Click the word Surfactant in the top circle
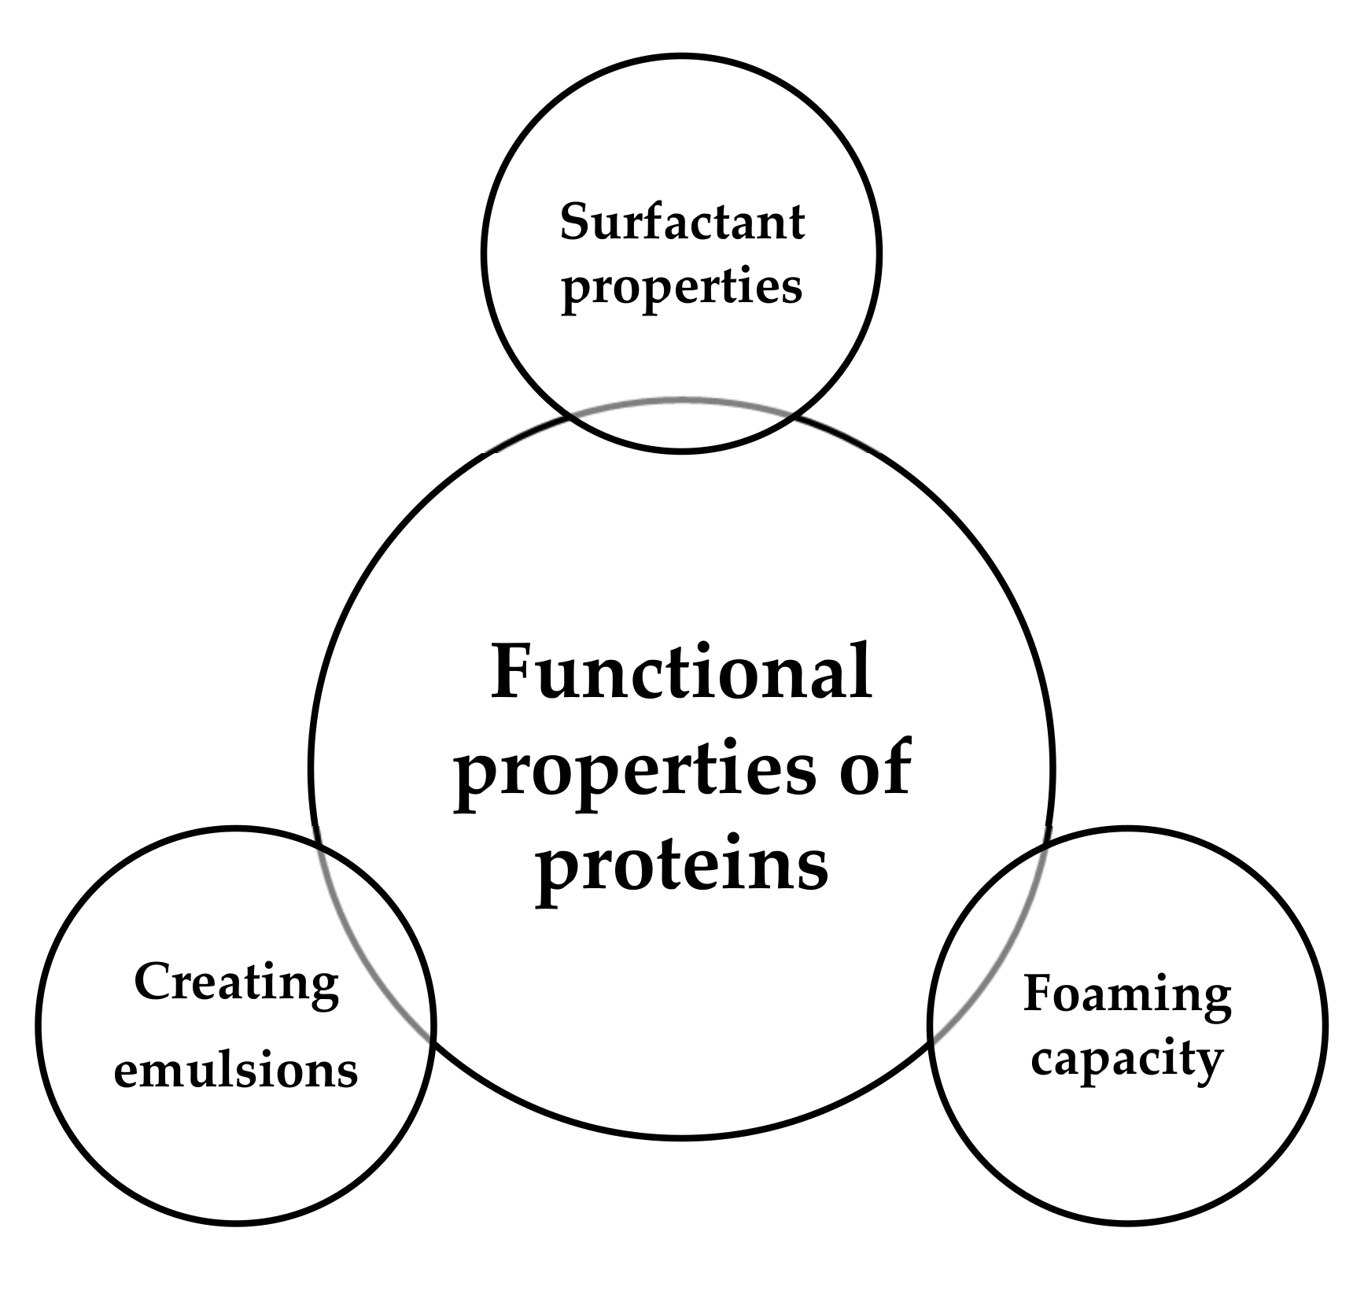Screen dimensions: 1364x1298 [682, 222]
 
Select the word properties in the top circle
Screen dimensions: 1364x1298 [682, 288]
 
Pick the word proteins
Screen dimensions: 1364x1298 [682, 865]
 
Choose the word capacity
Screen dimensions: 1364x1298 [1127, 1061]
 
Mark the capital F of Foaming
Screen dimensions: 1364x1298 [1038, 994]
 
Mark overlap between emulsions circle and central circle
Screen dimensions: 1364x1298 [370, 944]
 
